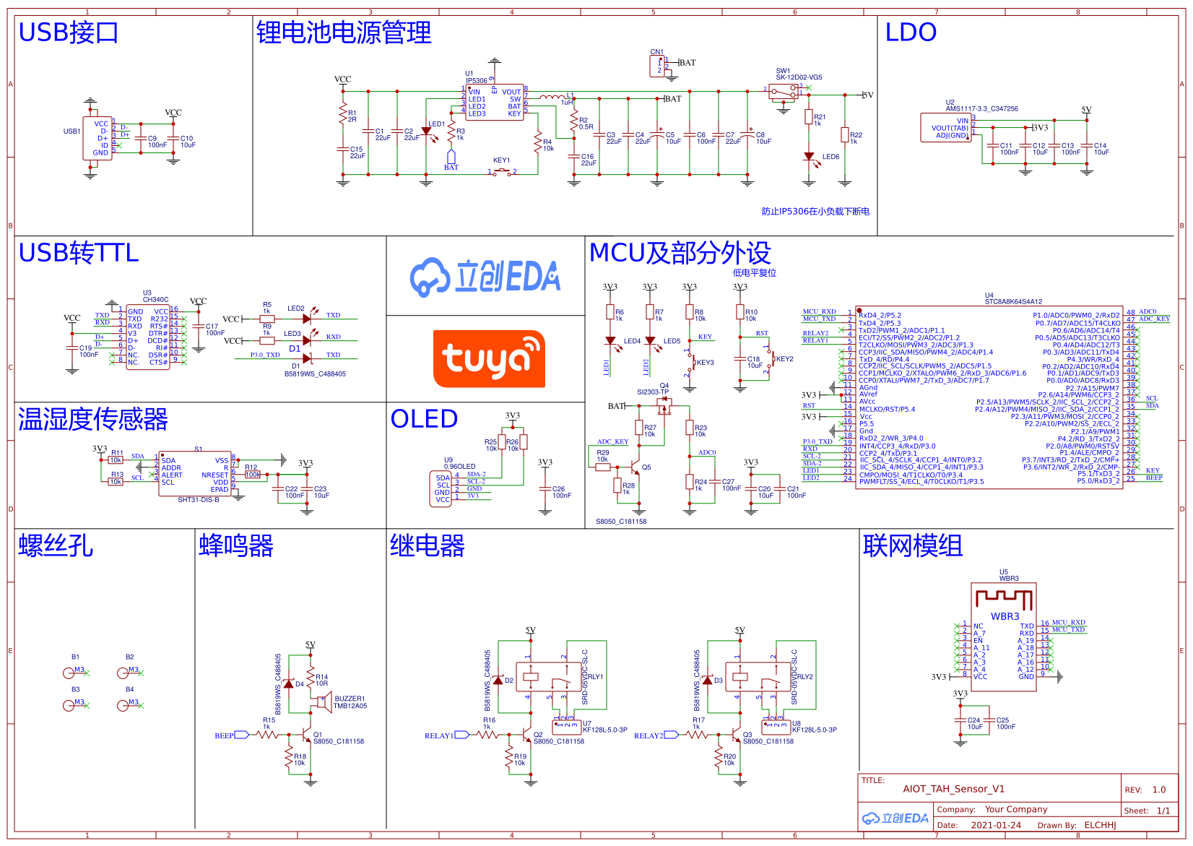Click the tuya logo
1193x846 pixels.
pos(489,359)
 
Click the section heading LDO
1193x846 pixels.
pos(911,33)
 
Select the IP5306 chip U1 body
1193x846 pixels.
pos(495,102)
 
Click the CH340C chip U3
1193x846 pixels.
pos(147,337)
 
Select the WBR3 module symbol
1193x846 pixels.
pos(1005,636)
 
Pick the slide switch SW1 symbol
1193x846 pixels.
pos(784,92)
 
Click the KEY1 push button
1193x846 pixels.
pos(502,172)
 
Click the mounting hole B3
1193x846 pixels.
pos(69,705)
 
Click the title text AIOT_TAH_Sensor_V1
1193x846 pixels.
pos(953,789)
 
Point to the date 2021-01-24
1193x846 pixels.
pos(996,825)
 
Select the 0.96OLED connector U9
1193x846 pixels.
pos(442,488)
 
